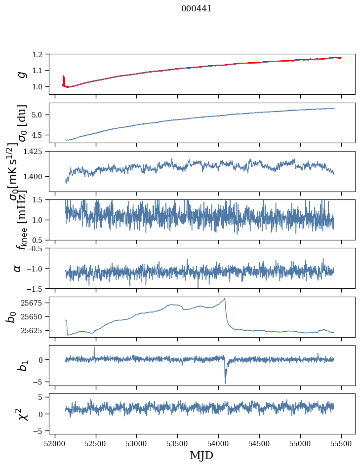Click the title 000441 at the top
[x=197, y=8]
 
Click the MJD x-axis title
[x=201, y=455]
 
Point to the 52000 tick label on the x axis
[x=55, y=443]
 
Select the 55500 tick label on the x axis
[x=341, y=443]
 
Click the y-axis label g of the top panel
[x=21, y=74]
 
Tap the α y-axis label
[x=18, y=268]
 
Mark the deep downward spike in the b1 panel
[x=225, y=383]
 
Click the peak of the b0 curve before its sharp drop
[x=225, y=299]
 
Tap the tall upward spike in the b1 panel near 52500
[x=94, y=348]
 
